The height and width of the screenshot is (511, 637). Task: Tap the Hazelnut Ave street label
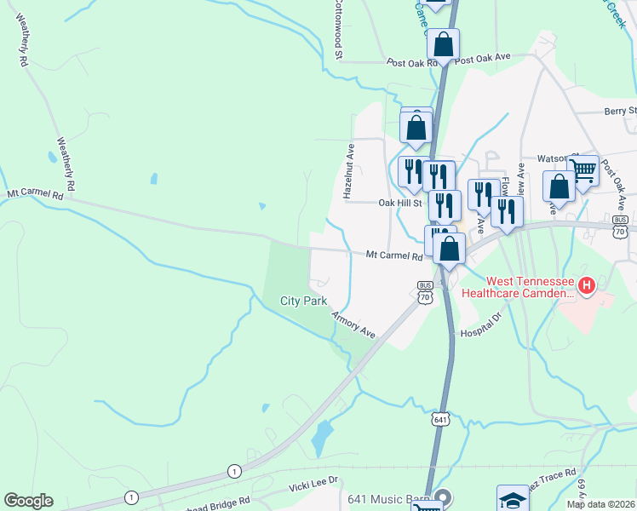pos(348,171)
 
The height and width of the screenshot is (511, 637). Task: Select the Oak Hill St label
pos(400,203)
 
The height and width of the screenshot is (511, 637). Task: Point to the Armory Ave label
pos(353,324)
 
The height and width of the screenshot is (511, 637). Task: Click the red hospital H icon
pos(586,286)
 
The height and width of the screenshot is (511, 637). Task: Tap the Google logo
pos(28,501)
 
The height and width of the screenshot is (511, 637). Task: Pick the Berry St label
pos(620,111)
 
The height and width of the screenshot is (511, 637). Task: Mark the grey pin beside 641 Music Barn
pos(442,497)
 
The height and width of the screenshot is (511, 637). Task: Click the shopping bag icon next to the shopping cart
pos(559,186)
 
